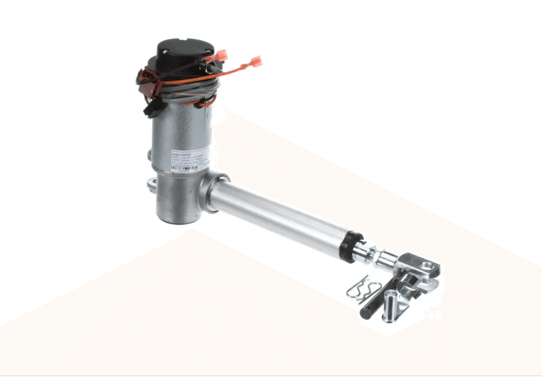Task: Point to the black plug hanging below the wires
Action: [x=153, y=109]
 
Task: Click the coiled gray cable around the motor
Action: [x=182, y=91]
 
